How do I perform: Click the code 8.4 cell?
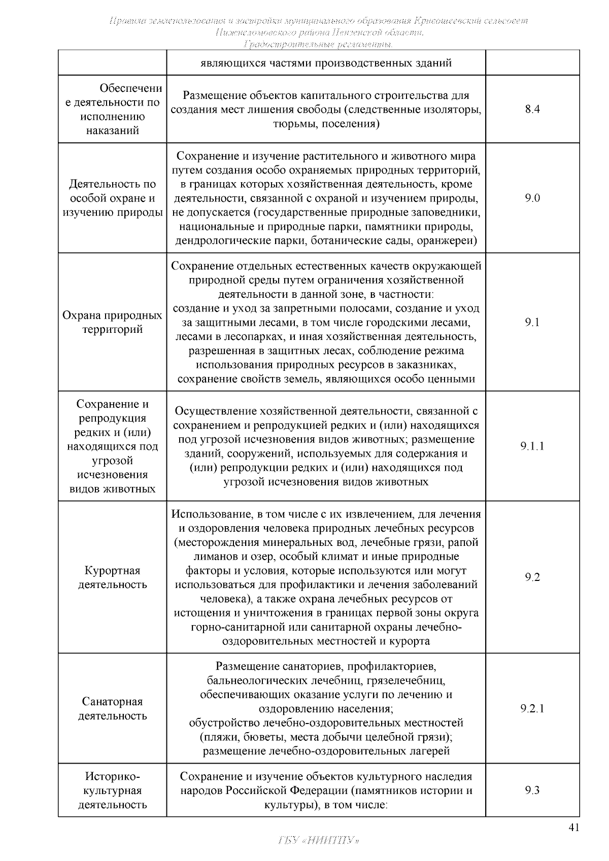(532, 109)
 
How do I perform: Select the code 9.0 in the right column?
(532, 198)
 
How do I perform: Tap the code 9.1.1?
(532, 446)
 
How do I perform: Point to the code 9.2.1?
(532, 708)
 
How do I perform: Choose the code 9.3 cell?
(532, 790)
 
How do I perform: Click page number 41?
(573, 828)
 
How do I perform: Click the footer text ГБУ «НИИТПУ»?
(319, 840)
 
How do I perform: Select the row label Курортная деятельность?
(112, 577)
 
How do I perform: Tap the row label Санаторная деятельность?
(112, 708)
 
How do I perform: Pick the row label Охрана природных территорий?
(112, 322)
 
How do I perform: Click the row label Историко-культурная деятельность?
(112, 790)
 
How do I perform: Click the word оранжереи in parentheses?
(447, 240)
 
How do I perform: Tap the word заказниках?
(431, 365)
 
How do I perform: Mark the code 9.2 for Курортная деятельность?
(532, 577)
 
